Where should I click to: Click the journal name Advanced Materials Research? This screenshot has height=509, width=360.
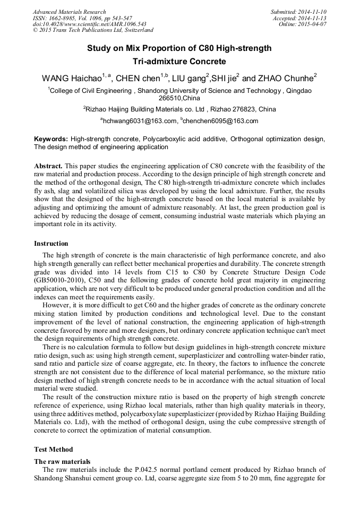[69, 12]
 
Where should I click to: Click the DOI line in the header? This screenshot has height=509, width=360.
[89, 24]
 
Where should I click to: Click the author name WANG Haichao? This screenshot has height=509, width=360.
[71, 79]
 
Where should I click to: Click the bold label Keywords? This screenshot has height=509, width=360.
[51, 139]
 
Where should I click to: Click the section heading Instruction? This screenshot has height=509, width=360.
[51, 244]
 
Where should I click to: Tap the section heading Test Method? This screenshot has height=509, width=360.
[54, 449]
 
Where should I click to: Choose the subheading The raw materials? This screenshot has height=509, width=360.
[62, 461]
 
